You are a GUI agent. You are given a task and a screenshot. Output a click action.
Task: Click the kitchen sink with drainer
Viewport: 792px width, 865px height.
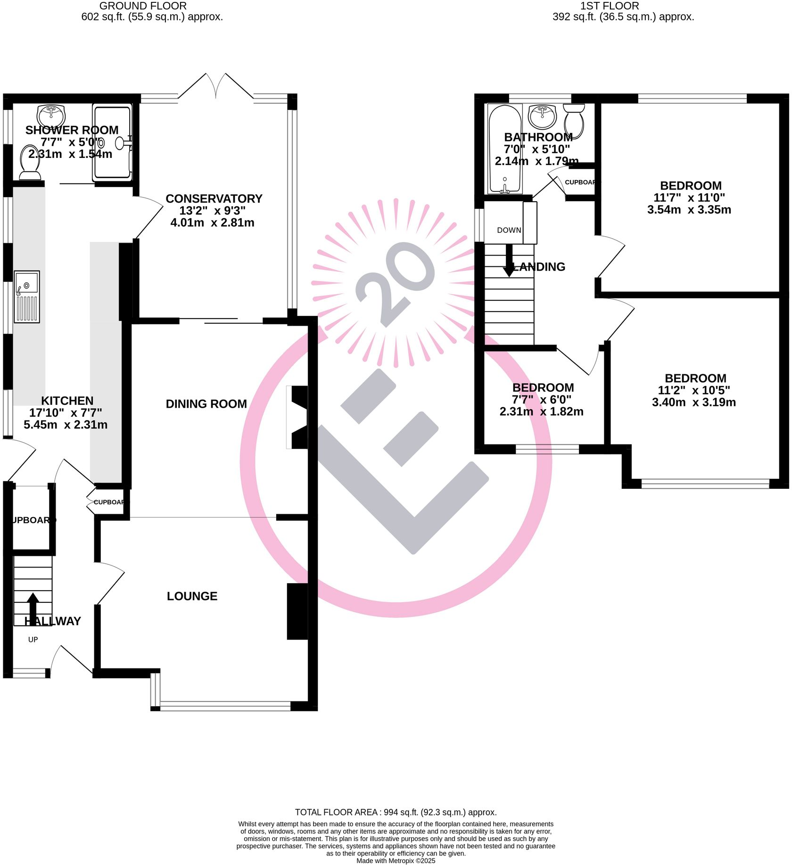click(27, 297)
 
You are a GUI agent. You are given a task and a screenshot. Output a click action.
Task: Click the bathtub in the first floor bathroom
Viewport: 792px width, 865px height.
click(504, 149)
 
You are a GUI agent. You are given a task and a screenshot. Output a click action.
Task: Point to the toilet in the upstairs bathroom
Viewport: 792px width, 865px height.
click(574, 120)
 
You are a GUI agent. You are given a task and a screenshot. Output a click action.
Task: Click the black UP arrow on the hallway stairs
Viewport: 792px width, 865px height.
click(33, 608)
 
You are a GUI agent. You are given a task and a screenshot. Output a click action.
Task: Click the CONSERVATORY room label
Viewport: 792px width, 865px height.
click(214, 198)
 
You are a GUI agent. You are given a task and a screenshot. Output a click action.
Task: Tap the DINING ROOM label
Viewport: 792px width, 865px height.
click(206, 404)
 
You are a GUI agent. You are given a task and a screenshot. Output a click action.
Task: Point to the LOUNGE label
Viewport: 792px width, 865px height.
click(192, 596)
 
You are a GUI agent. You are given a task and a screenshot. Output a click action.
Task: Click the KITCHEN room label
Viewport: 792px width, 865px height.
click(67, 401)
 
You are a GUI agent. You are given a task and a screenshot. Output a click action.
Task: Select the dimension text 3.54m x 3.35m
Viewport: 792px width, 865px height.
click(689, 210)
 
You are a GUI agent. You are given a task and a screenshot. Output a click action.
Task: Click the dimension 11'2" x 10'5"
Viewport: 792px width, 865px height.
click(693, 390)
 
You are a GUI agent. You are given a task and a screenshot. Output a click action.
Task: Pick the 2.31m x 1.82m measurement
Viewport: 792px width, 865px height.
click(541, 412)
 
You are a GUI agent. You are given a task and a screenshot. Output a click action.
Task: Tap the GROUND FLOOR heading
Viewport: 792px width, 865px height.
click(143, 6)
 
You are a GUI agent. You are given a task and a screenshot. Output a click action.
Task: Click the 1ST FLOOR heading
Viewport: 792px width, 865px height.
click(609, 6)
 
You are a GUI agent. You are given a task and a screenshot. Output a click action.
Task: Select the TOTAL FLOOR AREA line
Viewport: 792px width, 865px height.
click(396, 812)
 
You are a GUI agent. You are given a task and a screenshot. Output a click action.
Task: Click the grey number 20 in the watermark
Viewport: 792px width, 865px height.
click(395, 283)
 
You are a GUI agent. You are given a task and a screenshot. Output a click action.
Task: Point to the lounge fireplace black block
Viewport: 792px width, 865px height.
click(297, 611)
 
